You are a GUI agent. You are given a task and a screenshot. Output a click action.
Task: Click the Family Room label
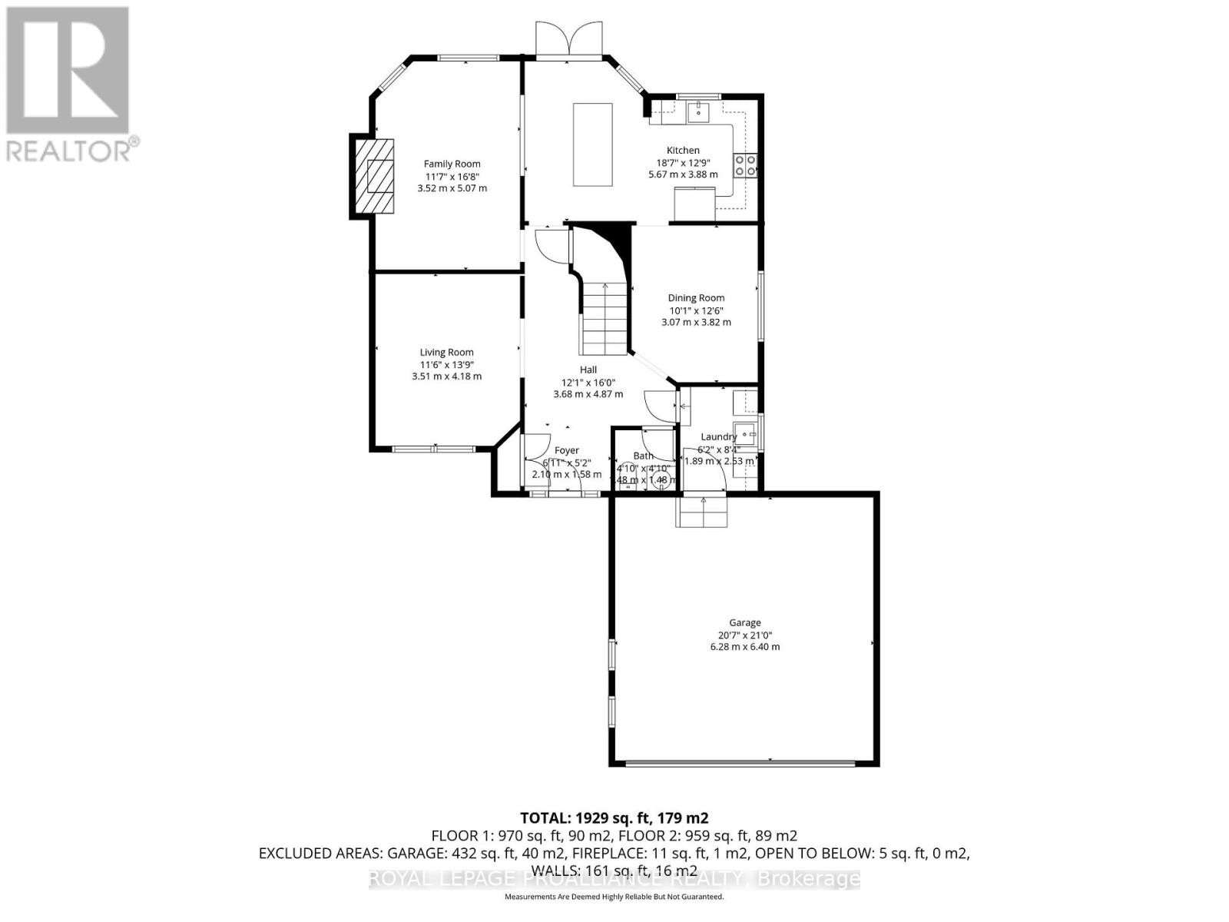(x=452, y=164)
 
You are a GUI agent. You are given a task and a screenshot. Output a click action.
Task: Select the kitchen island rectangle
(x=592, y=144)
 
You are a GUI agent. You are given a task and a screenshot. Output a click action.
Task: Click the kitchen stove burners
(x=745, y=166)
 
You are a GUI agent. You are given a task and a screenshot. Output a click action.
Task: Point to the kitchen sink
(x=698, y=111)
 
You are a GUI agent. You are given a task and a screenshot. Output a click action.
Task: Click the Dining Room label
(x=696, y=298)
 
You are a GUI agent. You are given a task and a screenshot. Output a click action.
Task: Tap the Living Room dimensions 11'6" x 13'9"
(x=446, y=365)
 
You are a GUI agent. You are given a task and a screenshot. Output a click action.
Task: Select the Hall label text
(x=588, y=370)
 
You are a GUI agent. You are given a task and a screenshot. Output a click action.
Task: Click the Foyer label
(x=567, y=450)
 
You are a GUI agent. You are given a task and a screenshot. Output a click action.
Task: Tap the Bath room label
(x=643, y=456)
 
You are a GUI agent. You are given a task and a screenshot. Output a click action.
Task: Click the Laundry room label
(x=718, y=436)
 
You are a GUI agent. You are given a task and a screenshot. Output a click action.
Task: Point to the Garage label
(x=744, y=622)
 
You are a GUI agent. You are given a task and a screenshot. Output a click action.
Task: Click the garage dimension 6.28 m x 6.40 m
(x=744, y=647)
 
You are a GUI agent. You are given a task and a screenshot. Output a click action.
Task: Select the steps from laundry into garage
(x=701, y=512)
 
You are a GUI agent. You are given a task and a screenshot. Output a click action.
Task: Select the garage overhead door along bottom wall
(x=740, y=763)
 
